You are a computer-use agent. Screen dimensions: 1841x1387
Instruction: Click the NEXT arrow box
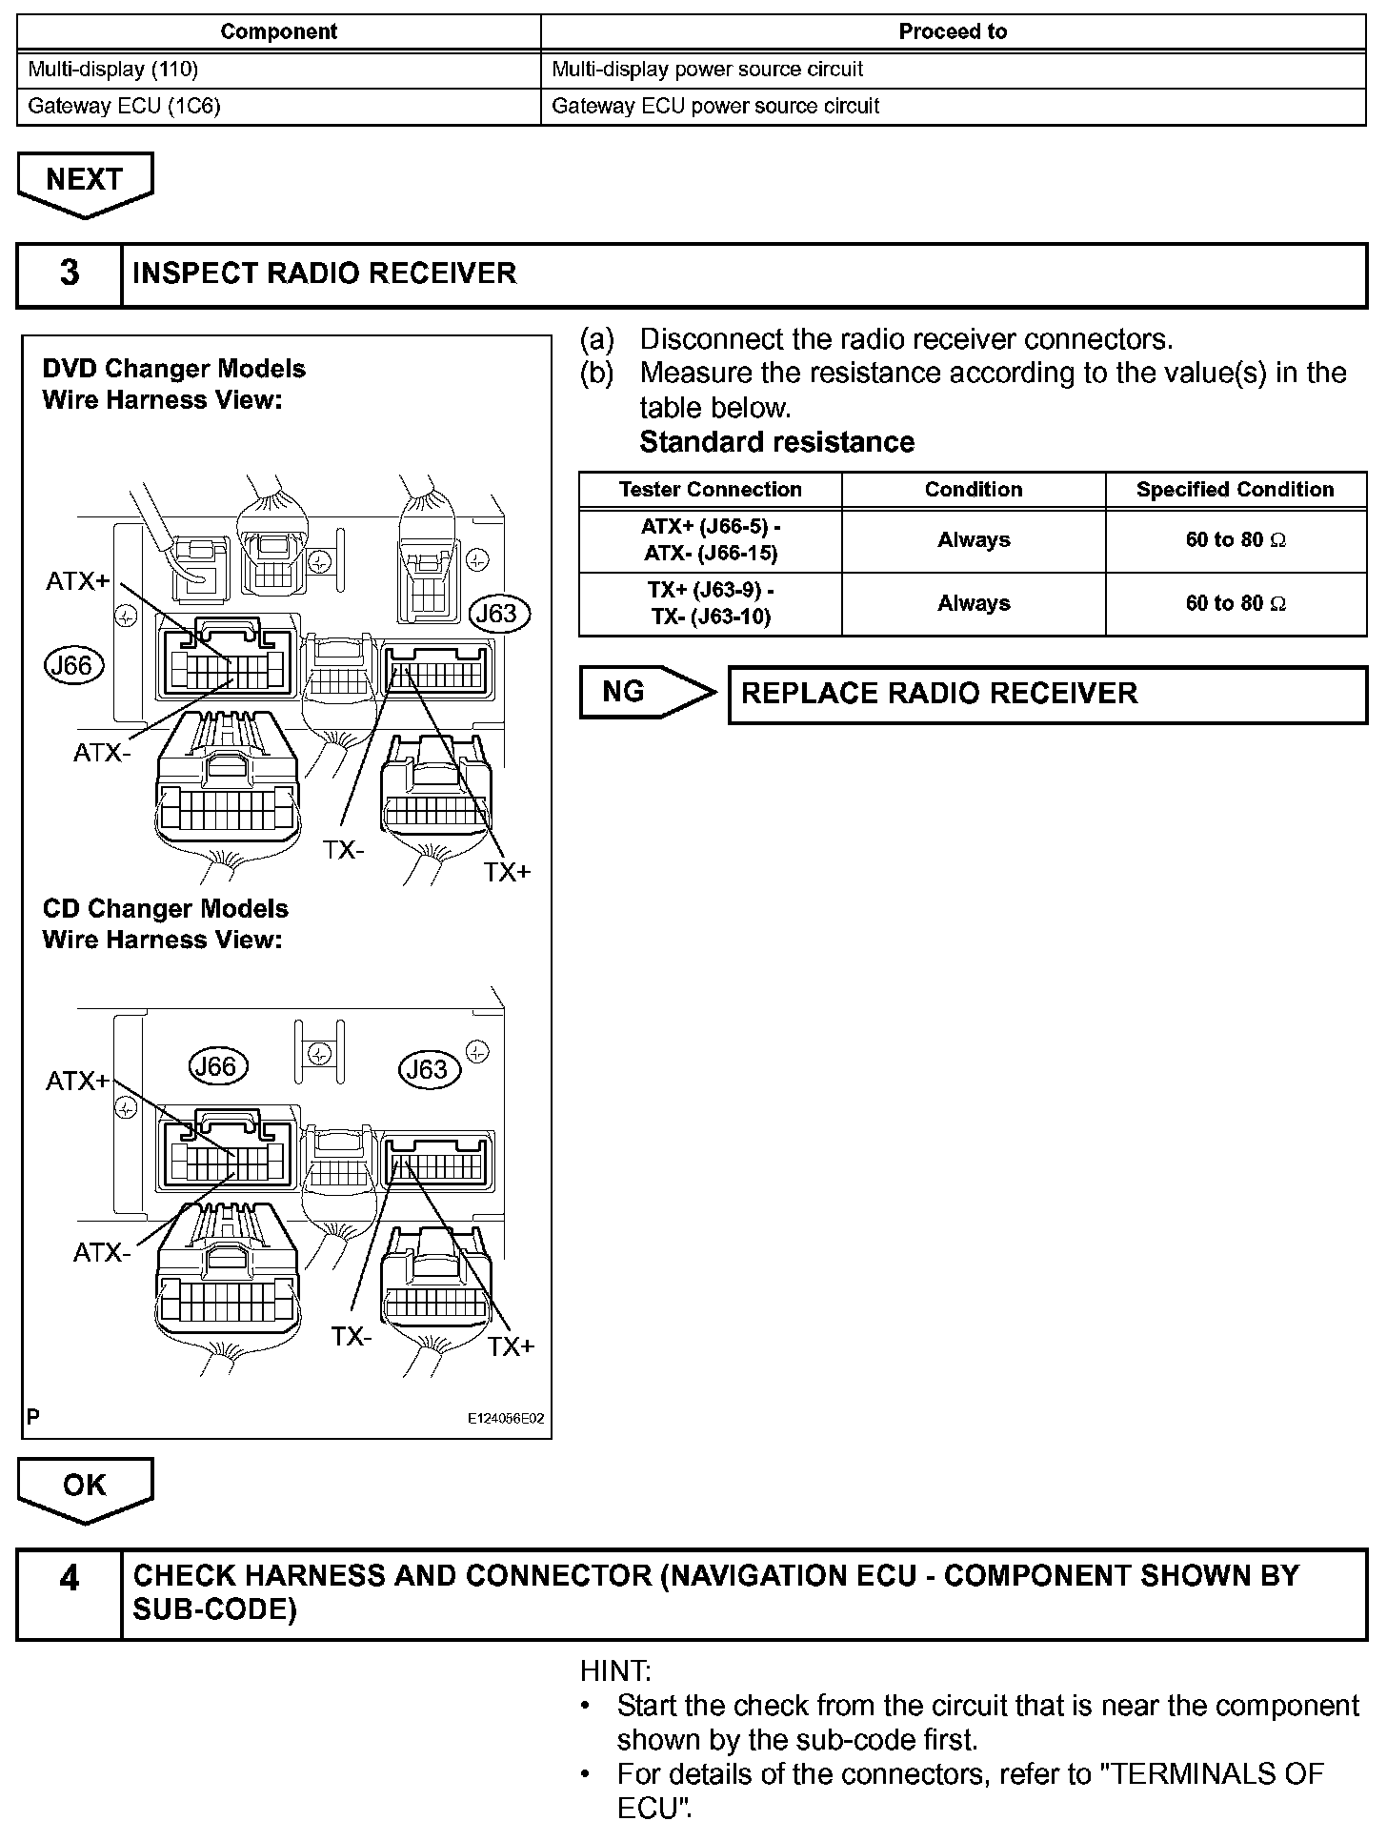(x=85, y=181)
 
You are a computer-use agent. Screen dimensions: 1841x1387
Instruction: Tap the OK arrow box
(x=85, y=1487)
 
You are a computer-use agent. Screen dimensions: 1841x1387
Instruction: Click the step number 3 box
(x=70, y=273)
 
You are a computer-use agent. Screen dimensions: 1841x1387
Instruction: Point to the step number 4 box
(x=70, y=1593)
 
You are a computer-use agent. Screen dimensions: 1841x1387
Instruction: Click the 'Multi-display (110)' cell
(x=278, y=70)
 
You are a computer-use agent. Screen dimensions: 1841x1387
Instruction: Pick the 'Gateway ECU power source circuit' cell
(x=953, y=106)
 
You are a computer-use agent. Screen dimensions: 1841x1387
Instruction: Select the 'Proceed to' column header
(x=953, y=31)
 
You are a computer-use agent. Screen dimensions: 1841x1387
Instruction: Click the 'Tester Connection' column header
(x=710, y=490)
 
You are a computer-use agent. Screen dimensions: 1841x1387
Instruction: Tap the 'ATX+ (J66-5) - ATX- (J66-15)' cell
(x=710, y=540)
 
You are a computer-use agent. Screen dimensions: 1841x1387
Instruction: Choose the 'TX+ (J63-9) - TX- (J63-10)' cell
(x=710, y=603)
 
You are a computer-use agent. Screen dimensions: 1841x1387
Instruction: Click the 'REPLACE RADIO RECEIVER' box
(x=1047, y=694)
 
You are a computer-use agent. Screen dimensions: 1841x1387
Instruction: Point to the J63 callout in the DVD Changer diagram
(x=495, y=614)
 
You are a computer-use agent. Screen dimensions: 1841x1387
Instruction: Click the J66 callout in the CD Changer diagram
(x=217, y=1066)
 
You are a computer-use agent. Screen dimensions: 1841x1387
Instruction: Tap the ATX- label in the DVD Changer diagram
(x=102, y=753)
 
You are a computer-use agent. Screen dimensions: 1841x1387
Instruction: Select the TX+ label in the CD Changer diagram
(x=512, y=1346)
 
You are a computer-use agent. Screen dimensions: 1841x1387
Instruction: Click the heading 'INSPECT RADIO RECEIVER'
(x=325, y=273)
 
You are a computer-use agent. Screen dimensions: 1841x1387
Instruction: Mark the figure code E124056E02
(x=505, y=1419)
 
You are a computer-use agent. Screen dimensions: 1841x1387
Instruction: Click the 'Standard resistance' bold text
(x=776, y=442)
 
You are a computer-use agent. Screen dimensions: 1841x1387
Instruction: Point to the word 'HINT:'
(x=615, y=1671)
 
